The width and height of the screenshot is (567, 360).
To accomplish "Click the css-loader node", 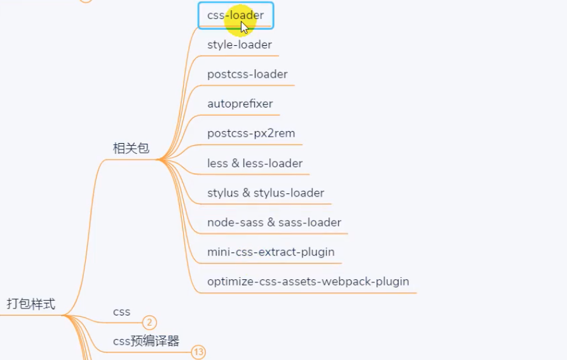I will point(235,15).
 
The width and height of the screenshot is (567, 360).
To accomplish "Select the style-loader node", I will point(240,45).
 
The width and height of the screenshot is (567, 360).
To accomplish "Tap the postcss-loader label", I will point(247,74).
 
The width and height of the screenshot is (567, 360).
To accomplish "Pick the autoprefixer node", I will point(240,104).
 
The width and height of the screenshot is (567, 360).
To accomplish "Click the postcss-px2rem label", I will point(251,134).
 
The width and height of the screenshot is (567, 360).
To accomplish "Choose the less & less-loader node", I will point(255,163).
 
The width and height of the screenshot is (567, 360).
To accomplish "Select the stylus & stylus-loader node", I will point(266,193).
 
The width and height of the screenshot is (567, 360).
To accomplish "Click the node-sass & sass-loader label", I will point(274,223).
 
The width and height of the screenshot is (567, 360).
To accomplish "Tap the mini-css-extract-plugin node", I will point(271,252).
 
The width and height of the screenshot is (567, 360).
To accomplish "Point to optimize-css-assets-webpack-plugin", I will point(308,281).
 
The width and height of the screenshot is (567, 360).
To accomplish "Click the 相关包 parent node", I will point(131,149).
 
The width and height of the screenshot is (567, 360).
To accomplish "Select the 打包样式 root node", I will point(31,304).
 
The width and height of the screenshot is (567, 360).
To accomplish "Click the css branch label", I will point(121,312).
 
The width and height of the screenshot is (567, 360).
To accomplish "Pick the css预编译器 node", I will point(146,341).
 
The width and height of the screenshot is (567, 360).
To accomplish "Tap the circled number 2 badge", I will point(149,322).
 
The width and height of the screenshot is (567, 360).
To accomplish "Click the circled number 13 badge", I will point(199,352).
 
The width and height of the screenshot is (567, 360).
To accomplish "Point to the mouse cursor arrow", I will point(244,27).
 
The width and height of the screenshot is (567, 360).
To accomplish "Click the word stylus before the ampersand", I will point(223,193).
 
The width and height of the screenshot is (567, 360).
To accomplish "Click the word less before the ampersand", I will point(217,163).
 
